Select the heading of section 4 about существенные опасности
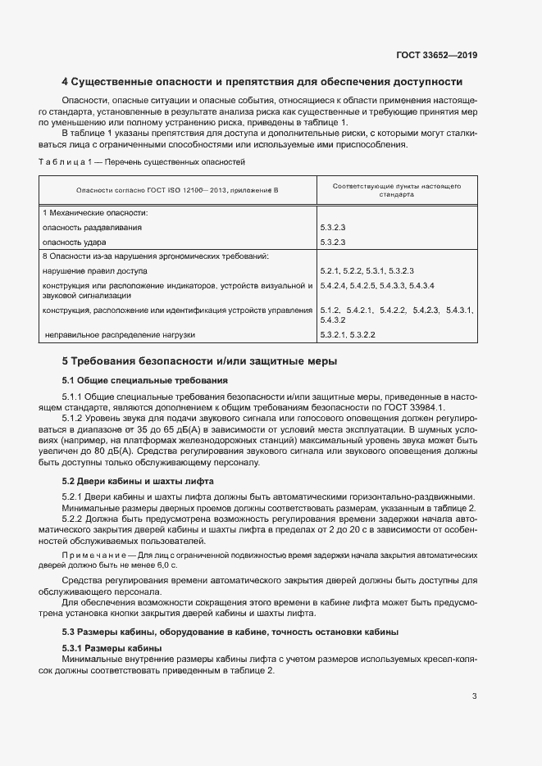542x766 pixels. (262, 82)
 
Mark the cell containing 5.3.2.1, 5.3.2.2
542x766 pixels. (348, 334)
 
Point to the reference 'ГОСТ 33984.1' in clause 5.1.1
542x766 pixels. (420, 408)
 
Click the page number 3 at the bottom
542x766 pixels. (474, 697)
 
